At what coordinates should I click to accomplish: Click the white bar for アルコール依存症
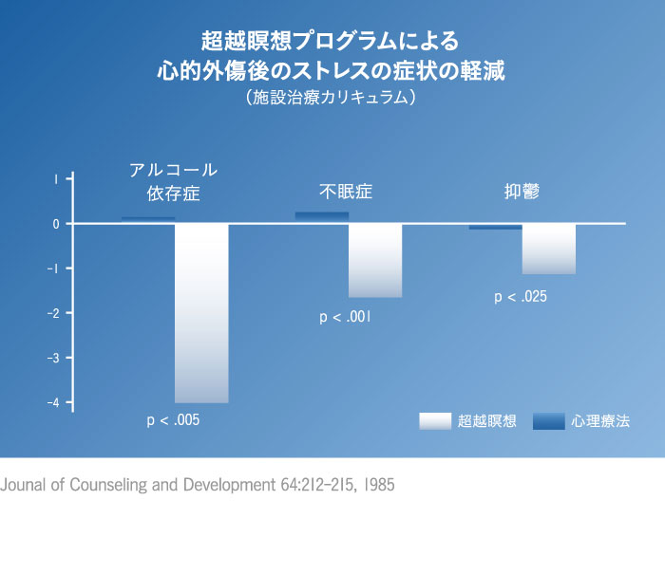coord(201,313)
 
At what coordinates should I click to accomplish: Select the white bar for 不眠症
coord(375,261)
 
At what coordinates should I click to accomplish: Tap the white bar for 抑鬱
coord(548,249)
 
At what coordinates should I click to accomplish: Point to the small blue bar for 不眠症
coord(322,216)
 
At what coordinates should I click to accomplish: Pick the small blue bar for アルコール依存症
coord(148,219)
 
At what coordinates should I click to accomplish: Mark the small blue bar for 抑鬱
coord(495,227)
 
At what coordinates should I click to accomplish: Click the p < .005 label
coord(173,419)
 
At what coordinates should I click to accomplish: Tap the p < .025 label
coord(521,297)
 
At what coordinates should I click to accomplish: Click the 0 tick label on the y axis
coord(57,224)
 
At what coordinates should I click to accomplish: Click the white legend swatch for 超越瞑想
coord(434,420)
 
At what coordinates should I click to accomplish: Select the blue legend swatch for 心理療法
coord(548,420)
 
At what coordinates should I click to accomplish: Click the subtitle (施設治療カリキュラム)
coord(332,97)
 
